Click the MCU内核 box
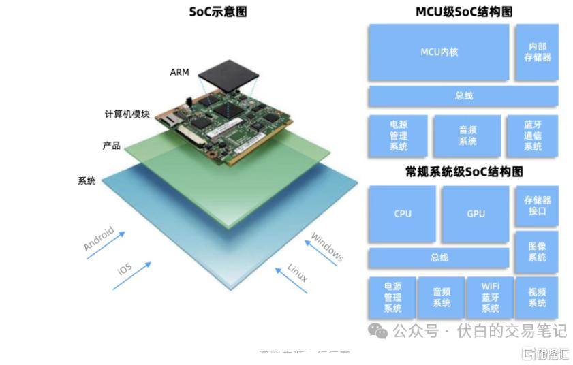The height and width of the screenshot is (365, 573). [x=438, y=52]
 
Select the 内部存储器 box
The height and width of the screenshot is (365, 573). [x=537, y=52]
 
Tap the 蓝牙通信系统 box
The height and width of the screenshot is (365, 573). [x=532, y=136]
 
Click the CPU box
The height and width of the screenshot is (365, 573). [x=403, y=214]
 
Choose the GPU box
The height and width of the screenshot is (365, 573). [x=476, y=214]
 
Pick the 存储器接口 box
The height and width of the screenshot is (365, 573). [x=537, y=206]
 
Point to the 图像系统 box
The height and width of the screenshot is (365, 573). [x=537, y=251]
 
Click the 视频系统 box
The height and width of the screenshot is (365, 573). [x=537, y=298]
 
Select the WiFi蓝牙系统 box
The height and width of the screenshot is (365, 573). [x=490, y=298]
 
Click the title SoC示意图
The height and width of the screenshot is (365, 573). [x=218, y=12]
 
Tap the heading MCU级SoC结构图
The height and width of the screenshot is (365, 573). [x=463, y=12]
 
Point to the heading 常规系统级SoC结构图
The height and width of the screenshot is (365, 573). [x=463, y=172]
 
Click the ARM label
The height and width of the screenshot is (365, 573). [x=180, y=72]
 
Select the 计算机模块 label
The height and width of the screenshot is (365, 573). [x=127, y=114]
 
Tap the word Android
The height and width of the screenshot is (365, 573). [x=99, y=238]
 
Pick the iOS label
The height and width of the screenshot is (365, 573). [x=124, y=268]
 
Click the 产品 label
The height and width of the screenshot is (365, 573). [x=111, y=146]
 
